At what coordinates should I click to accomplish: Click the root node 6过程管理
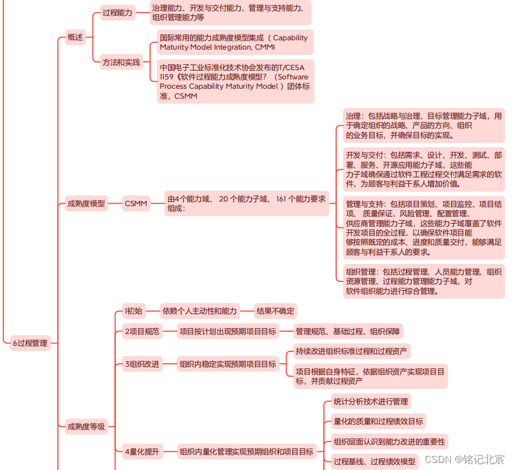(30, 343)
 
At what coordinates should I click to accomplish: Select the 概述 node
(75, 37)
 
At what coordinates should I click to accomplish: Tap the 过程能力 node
(117, 12)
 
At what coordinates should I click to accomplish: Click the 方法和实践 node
(121, 62)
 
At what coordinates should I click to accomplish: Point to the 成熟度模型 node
(86, 204)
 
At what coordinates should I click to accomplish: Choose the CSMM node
(136, 204)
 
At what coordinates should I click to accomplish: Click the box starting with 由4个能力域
(246, 203)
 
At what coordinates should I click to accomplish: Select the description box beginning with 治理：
(423, 126)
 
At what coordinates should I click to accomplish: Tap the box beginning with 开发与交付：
(423, 169)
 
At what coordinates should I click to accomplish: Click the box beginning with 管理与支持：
(423, 228)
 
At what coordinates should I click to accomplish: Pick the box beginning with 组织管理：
(423, 281)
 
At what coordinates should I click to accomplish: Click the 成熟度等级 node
(86, 427)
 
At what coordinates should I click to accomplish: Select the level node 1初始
(133, 311)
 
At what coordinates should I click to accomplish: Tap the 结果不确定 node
(275, 311)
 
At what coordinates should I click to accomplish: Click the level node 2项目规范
(142, 332)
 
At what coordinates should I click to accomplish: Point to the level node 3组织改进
(142, 364)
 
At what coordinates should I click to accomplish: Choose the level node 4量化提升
(142, 451)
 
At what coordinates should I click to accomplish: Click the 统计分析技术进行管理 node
(371, 401)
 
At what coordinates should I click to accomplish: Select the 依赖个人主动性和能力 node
(200, 311)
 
